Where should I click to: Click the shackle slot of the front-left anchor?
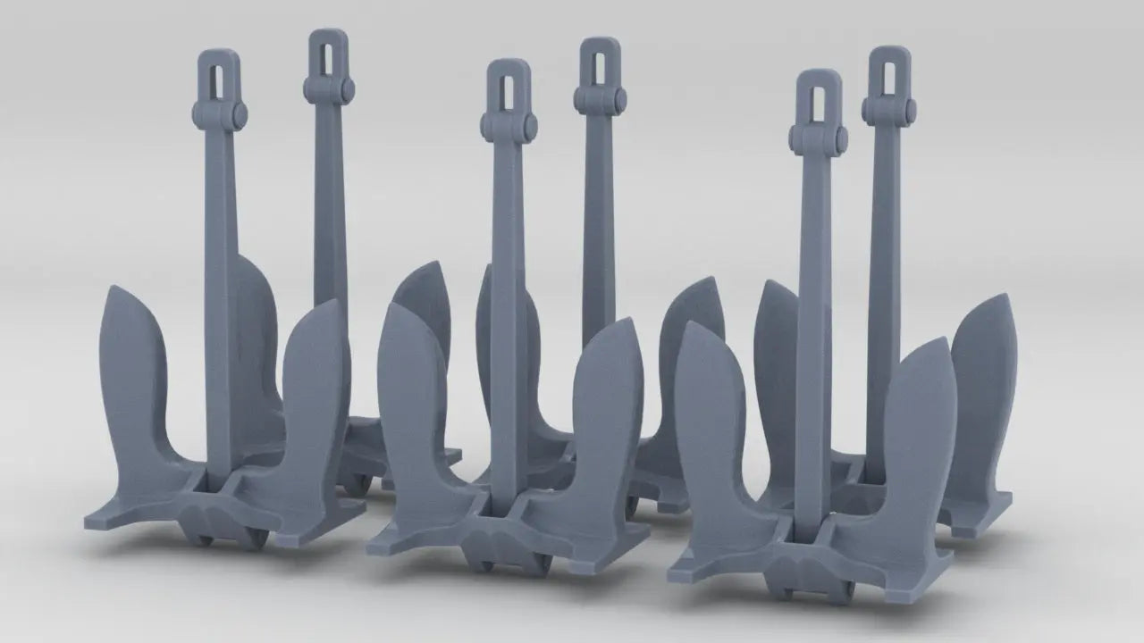(218, 79)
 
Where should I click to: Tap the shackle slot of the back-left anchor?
(328, 56)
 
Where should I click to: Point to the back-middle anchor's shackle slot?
(600, 64)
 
